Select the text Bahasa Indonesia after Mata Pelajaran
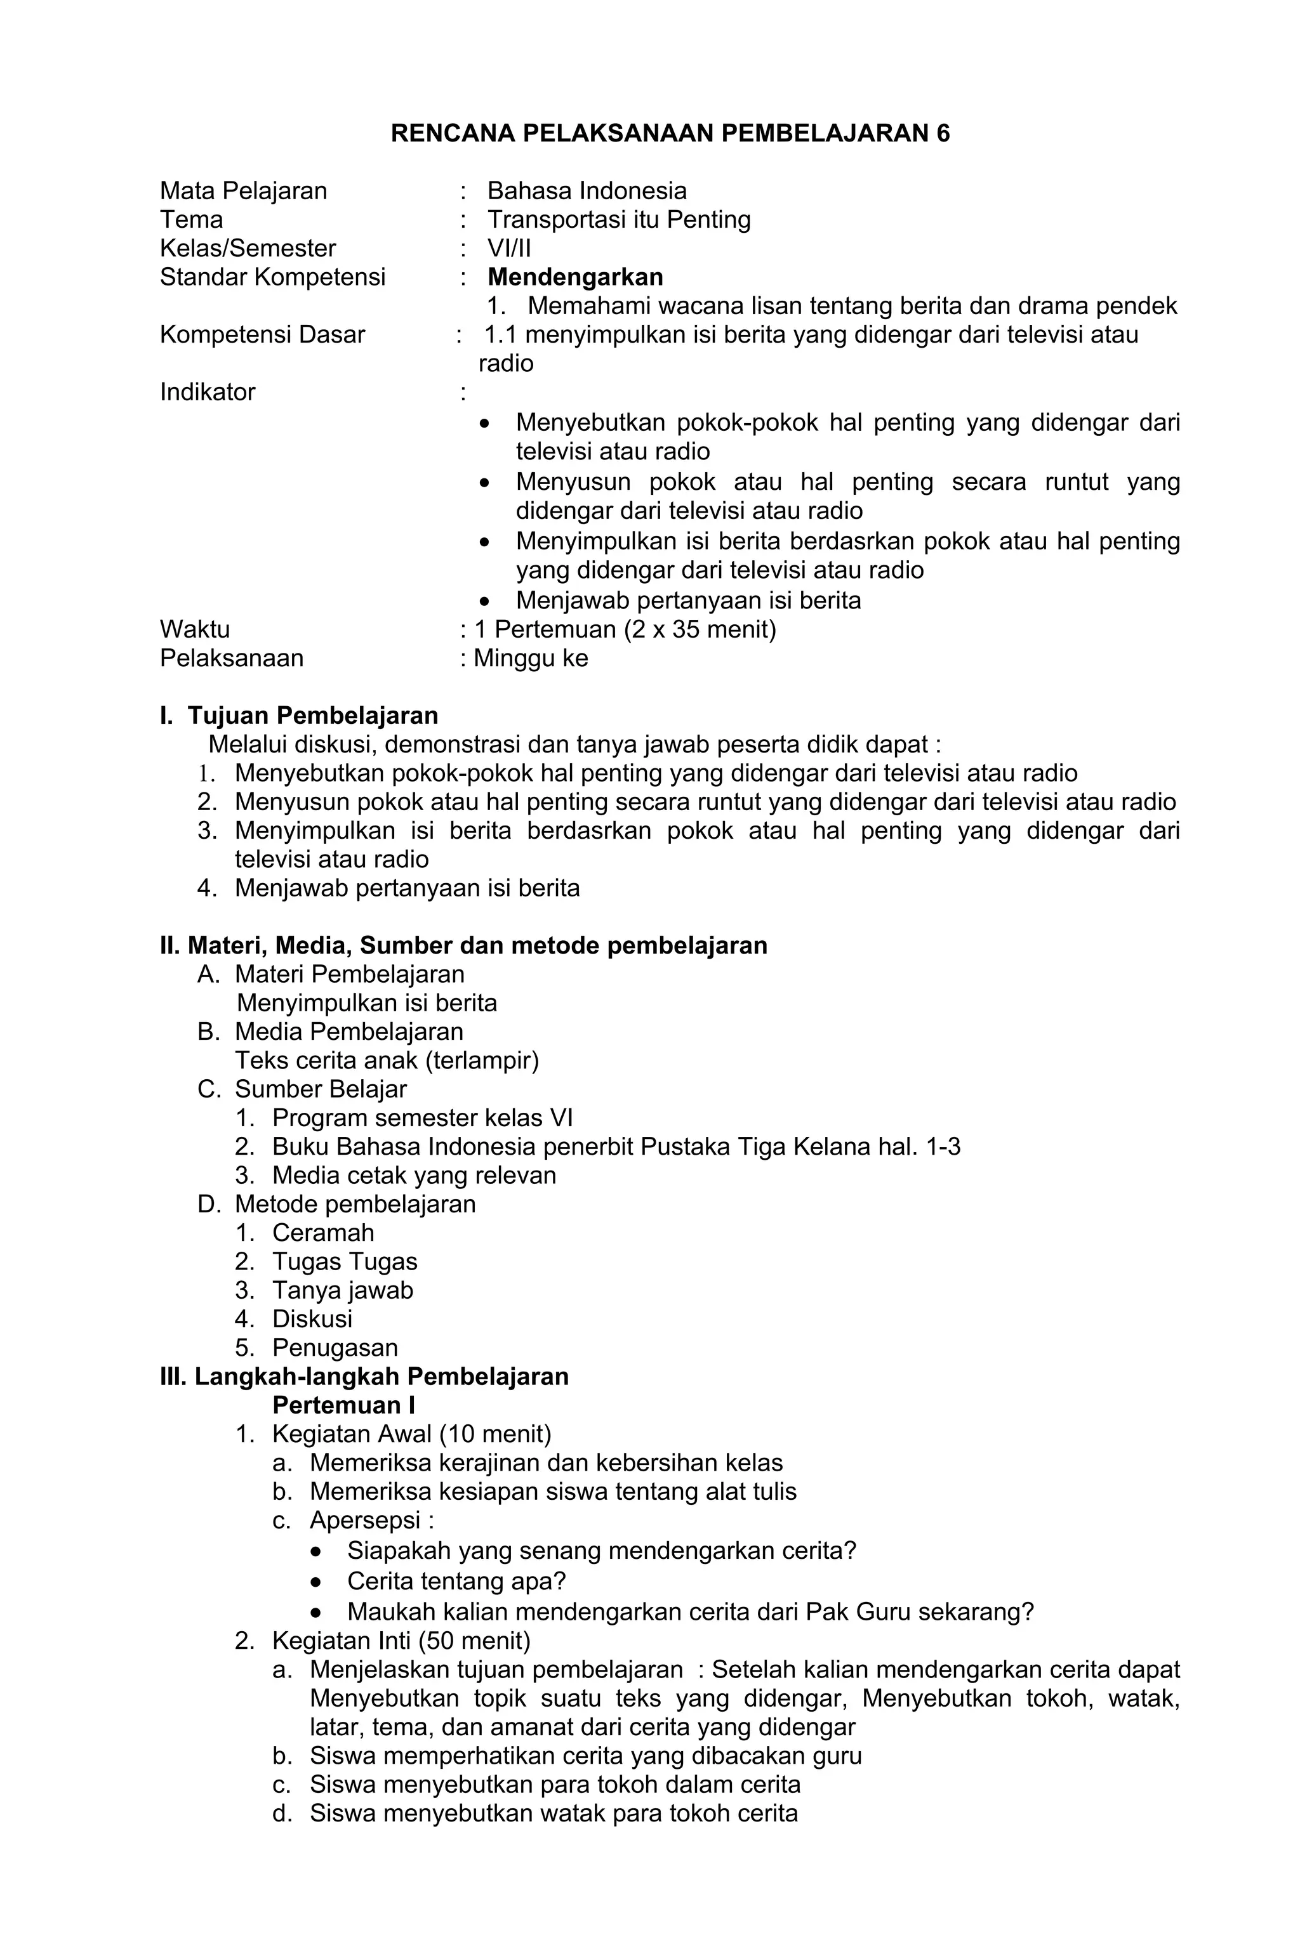tap(587, 192)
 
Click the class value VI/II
tap(509, 249)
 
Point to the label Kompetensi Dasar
tap(262, 335)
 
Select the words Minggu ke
tap(531, 659)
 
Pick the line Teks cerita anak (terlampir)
tap(387, 1061)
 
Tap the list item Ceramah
tap(323, 1233)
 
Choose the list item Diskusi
tap(312, 1319)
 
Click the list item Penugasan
tap(335, 1348)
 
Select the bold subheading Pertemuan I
tap(343, 1405)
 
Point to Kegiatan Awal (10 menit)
tap(411, 1434)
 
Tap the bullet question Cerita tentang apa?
tap(456, 1581)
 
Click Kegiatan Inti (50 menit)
tap(401, 1641)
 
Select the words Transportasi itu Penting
tap(618, 220)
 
